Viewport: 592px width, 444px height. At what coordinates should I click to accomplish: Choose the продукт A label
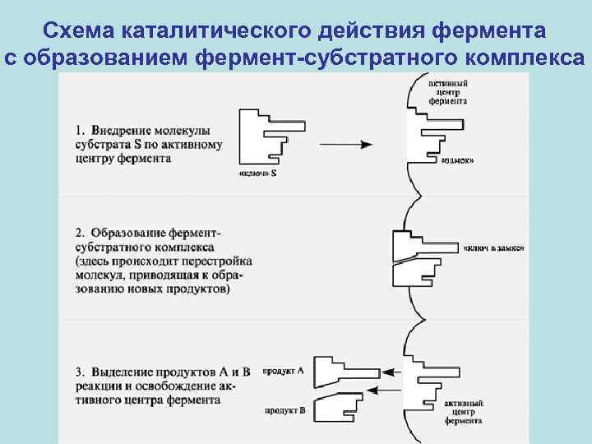[283, 371]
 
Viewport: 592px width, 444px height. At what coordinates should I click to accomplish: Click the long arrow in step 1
[349, 143]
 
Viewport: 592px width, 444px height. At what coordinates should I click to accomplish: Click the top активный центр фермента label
[448, 92]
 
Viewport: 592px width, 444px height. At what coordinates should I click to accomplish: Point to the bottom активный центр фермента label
[464, 411]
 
